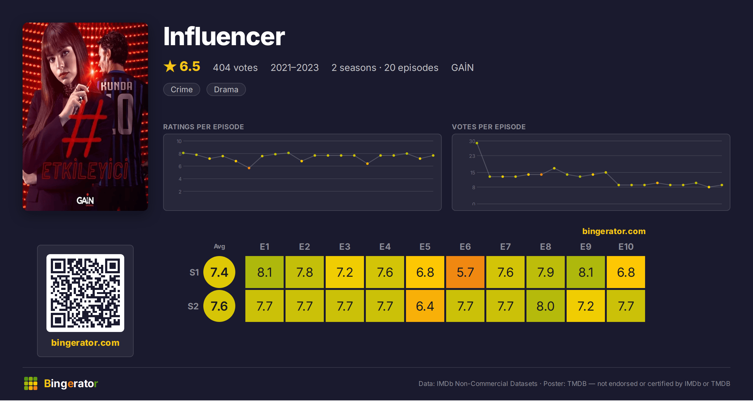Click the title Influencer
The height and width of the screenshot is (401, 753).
point(224,36)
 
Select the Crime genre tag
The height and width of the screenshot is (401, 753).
point(182,89)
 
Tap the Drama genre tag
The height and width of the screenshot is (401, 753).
point(226,89)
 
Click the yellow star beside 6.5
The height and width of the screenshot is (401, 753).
point(170,66)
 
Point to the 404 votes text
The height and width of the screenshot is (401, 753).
point(235,67)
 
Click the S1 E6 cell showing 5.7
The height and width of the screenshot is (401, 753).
point(465,272)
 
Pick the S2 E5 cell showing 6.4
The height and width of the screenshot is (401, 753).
point(425,306)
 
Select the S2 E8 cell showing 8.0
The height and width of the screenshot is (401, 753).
point(546,306)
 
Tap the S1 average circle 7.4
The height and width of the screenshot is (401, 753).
point(219,272)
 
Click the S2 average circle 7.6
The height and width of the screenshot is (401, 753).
point(219,306)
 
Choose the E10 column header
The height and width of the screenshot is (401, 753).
point(626,247)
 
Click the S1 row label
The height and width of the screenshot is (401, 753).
point(194,272)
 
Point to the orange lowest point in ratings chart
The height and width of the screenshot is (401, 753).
point(249,168)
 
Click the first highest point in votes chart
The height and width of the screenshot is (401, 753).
point(477,143)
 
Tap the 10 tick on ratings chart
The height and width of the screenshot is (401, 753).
point(179,141)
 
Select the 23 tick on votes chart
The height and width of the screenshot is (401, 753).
point(472,156)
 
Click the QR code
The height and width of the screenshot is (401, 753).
point(85,293)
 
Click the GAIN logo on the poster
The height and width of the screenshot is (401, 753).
point(85,200)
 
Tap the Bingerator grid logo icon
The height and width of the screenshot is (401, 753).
point(31,383)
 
